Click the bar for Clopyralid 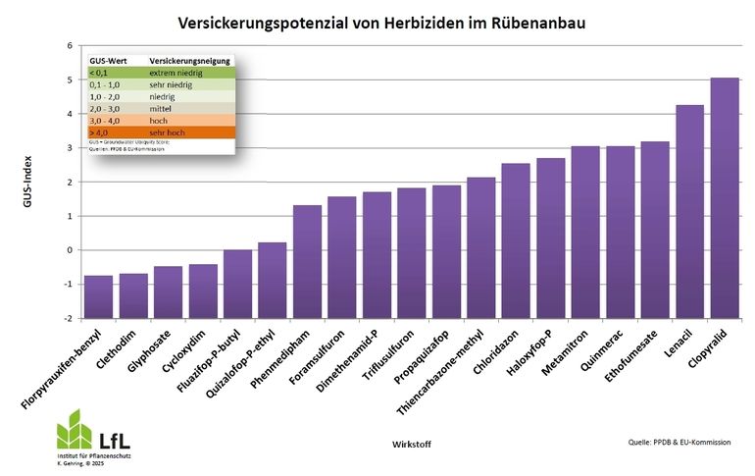(725, 197)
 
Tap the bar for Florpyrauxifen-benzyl (97, 295)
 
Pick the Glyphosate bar (168, 291)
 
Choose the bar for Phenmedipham (307, 261)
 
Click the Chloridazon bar (516, 240)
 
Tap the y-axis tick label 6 (69, 46)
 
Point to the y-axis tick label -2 (67, 319)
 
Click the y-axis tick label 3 (69, 148)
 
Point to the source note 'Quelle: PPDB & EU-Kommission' (679, 443)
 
